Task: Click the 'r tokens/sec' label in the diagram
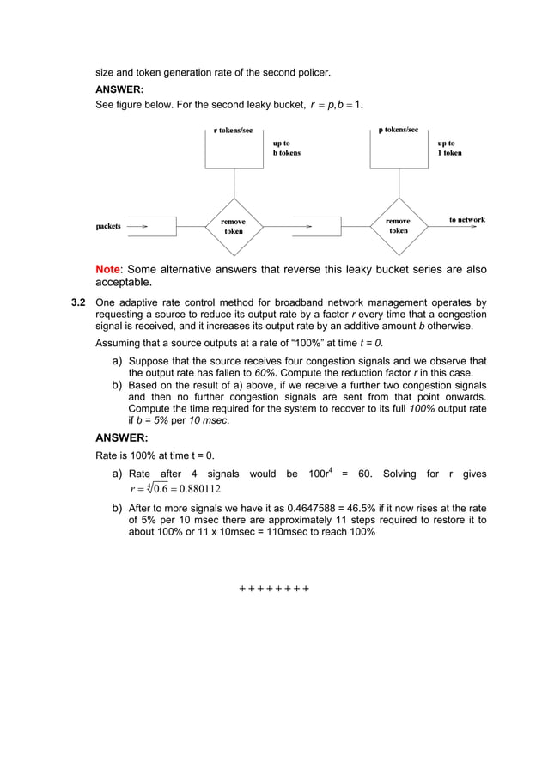pos(233,130)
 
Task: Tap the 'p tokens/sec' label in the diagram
pos(398,130)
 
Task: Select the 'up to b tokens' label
pos(286,148)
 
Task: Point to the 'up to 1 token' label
pos(449,148)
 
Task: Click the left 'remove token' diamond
pos(234,226)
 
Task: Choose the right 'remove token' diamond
pos(398,226)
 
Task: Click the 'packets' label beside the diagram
pos(108,226)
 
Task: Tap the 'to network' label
pos(466,220)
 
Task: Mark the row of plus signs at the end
pos(273,589)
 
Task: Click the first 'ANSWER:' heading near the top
pos(119,89)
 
